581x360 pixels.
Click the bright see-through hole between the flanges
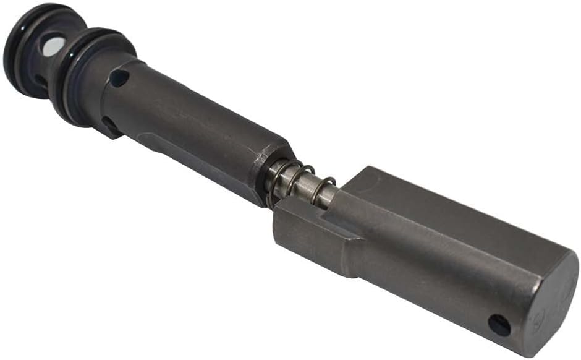[53, 45]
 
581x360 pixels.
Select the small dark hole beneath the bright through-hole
[41, 80]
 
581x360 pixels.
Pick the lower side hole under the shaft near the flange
[111, 124]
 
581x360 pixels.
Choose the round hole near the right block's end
[499, 324]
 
